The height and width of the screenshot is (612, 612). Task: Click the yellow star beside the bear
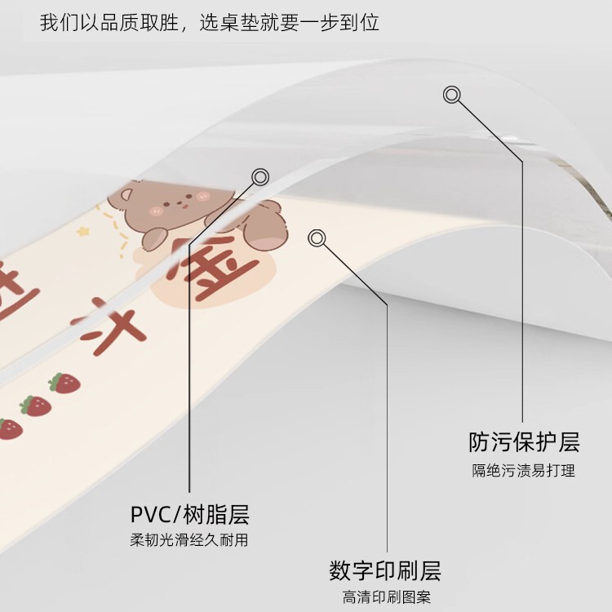[82, 232]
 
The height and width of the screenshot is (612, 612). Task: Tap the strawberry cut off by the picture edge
[9, 428]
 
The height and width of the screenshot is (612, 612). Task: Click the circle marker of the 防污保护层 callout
[451, 95]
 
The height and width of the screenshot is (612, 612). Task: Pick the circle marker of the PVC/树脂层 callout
[260, 176]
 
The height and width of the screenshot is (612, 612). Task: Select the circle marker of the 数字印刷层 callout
[317, 237]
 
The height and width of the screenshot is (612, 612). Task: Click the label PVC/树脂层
[189, 515]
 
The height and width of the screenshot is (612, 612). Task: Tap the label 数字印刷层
[385, 570]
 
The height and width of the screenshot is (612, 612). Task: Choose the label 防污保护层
[524, 443]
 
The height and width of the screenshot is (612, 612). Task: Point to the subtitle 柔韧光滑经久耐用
[189, 540]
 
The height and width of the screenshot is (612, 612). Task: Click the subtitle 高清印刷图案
[386, 596]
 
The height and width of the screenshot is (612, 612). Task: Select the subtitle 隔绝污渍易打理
[524, 470]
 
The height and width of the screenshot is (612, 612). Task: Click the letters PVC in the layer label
[153, 515]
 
